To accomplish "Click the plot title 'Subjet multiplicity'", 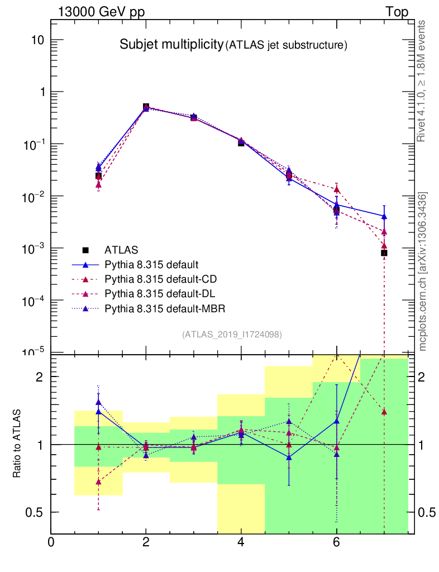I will click(171, 45).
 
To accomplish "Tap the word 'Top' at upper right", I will click(397, 12).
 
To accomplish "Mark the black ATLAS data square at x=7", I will click(384, 253).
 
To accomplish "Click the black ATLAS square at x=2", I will click(146, 107).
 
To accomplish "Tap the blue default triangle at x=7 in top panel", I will click(384, 216).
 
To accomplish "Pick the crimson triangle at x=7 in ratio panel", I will click(384, 412).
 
